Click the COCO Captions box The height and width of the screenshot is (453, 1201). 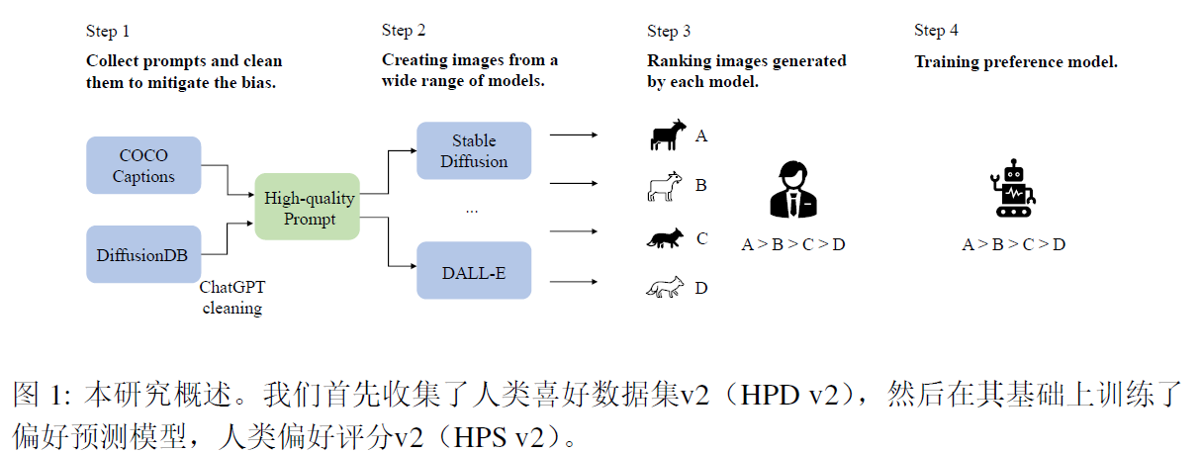click(143, 166)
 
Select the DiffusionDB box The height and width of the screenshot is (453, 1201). click(143, 254)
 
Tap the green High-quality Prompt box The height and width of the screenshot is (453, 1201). click(309, 208)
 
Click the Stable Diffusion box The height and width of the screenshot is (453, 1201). click(474, 151)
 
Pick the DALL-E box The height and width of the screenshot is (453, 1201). click(474, 269)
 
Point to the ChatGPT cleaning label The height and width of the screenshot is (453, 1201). click(232, 298)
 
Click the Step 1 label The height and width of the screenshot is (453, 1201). click(108, 31)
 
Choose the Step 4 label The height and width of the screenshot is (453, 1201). click(936, 31)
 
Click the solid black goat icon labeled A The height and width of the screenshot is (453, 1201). click(667, 136)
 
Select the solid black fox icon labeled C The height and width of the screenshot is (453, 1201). click(664, 238)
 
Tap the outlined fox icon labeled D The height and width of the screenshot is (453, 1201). click(665, 288)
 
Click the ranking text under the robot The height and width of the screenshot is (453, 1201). click(1013, 244)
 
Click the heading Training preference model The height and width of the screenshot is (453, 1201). click(1015, 61)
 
